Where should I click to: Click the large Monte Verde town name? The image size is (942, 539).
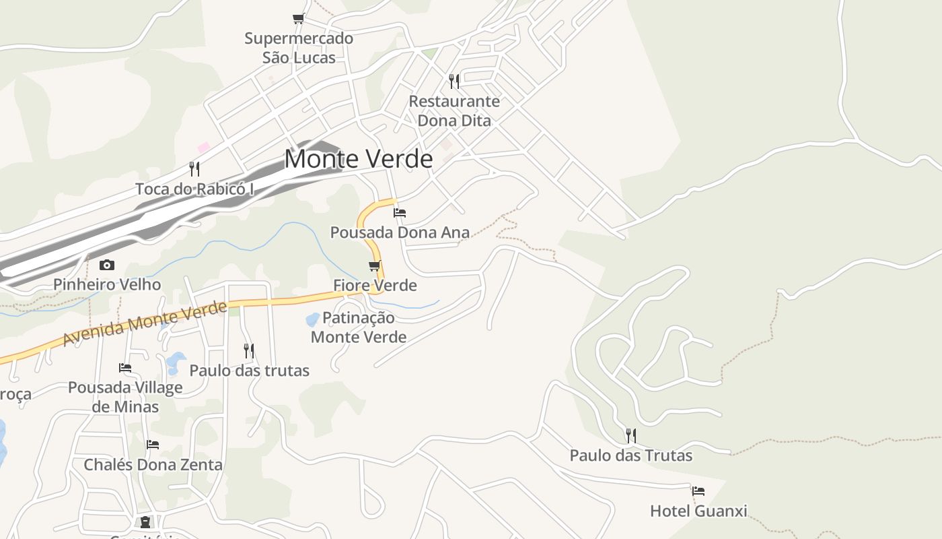coord(358,159)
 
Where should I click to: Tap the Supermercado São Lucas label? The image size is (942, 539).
coord(299,48)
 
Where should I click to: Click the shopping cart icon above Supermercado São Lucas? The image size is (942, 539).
coord(298,18)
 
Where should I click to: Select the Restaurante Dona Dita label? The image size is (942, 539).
coord(455,111)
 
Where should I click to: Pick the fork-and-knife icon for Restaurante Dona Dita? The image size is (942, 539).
coord(454,82)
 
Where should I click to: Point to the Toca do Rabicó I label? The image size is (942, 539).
coord(194,189)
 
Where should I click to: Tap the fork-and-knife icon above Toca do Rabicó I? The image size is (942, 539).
coord(194,168)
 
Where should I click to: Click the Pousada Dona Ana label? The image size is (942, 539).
coord(400,232)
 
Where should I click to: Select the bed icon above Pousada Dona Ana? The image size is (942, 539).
coord(400,213)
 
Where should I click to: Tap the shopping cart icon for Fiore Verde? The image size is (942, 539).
coord(375,266)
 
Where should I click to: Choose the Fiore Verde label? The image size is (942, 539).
coord(375,286)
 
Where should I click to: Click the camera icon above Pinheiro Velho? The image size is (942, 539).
coord(107,265)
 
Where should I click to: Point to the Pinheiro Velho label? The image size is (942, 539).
coord(107,284)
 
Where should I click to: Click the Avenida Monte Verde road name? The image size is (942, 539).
coord(145,323)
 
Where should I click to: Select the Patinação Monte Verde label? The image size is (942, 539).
coord(359,327)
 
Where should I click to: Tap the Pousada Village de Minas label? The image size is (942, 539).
coord(125,397)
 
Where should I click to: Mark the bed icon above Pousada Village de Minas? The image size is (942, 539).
coord(125,368)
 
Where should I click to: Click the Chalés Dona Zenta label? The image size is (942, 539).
coord(153,465)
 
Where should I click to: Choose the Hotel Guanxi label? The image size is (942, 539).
coord(698,511)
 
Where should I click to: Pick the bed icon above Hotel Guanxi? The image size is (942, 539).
coord(698,491)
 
